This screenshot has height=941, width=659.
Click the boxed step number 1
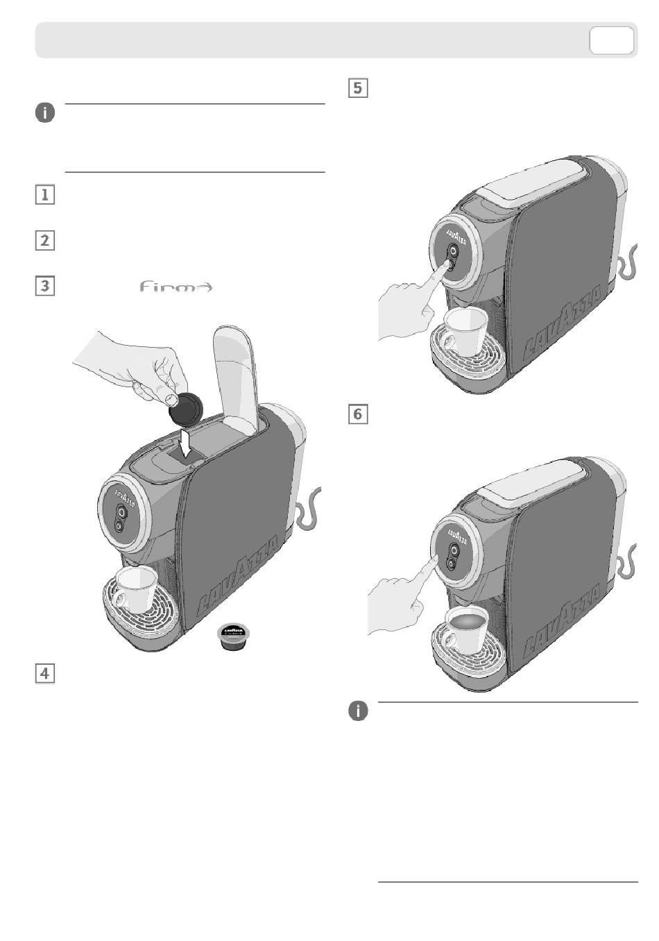(x=45, y=194)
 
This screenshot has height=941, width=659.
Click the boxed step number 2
(x=45, y=241)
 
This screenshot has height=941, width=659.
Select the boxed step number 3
(x=45, y=285)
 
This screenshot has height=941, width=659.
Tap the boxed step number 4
(x=45, y=672)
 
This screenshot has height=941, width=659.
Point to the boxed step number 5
(x=357, y=88)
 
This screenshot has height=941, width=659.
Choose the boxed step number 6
(x=357, y=414)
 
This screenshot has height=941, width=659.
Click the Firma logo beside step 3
(x=176, y=287)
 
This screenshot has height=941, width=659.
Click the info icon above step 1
(x=45, y=113)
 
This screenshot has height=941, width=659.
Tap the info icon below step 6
(x=358, y=711)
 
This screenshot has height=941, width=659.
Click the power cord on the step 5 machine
(x=630, y=264)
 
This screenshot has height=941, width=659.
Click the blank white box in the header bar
(x=611, y=40)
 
